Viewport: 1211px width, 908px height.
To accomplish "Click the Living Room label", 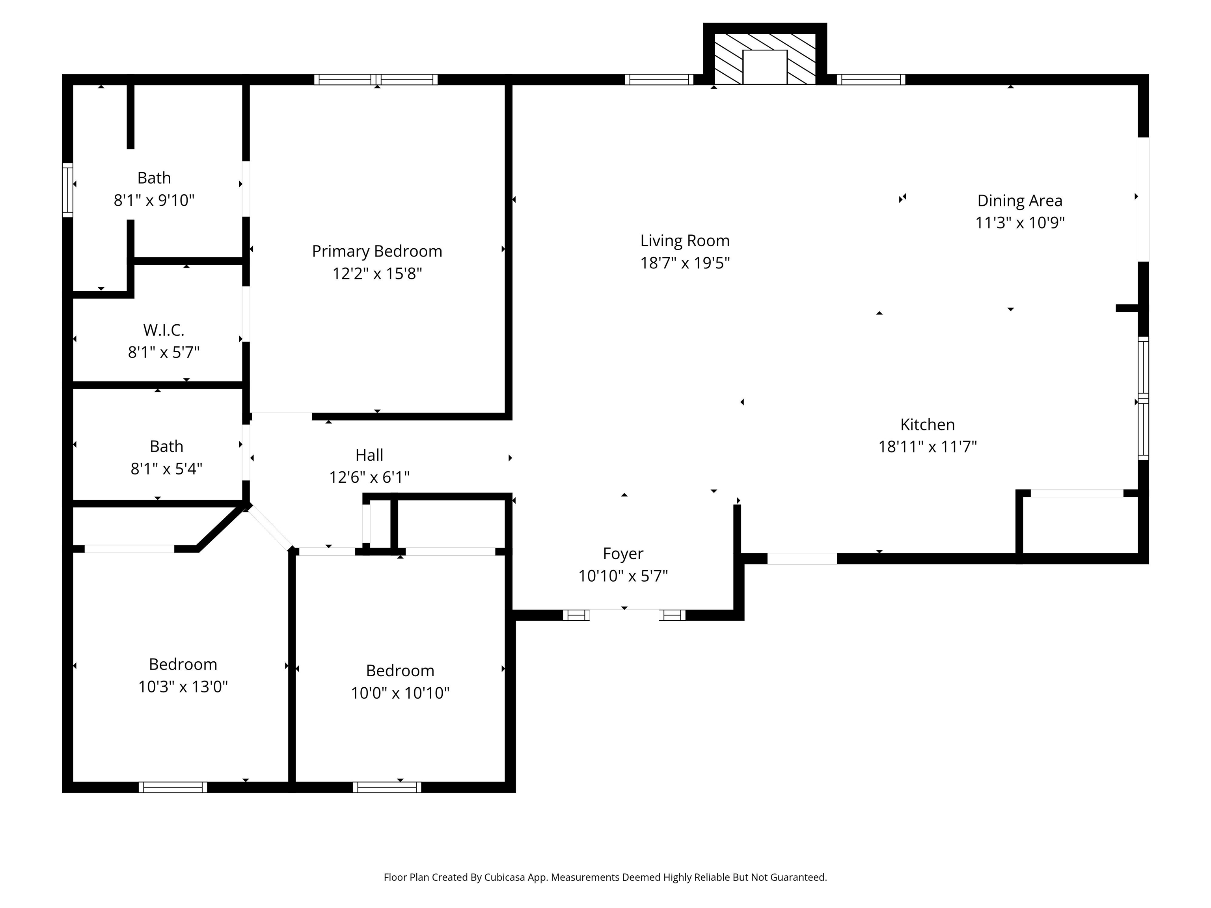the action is point(685,241).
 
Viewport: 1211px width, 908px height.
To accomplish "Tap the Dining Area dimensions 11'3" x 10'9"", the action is point(1020,223).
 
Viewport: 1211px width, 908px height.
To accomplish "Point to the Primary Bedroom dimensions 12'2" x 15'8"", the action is point(377,273).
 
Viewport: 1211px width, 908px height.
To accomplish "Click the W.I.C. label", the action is point(164,330).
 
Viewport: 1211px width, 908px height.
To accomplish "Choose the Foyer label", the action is point(623,554).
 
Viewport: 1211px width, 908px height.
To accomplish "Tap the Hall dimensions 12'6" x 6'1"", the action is point(369,477).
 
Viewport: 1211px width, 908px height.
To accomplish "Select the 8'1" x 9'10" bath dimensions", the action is point(155,200).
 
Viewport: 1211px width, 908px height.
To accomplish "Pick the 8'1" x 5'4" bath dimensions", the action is point(166,469).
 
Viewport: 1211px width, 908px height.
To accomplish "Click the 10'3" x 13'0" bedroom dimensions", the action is point(183,687).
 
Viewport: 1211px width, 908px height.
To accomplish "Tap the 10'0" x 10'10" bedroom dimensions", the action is point(400,693).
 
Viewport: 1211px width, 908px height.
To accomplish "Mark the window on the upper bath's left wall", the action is point(67,190).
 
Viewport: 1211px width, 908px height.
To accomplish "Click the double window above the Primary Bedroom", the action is point(376,79).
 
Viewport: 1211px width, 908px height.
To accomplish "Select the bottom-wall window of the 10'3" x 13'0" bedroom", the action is point(173,787).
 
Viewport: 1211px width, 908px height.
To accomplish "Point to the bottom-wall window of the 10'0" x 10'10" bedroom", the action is point(387,787).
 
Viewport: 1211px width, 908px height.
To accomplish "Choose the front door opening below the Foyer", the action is point(624,615).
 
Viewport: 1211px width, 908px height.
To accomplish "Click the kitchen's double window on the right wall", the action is point(1144,398).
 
